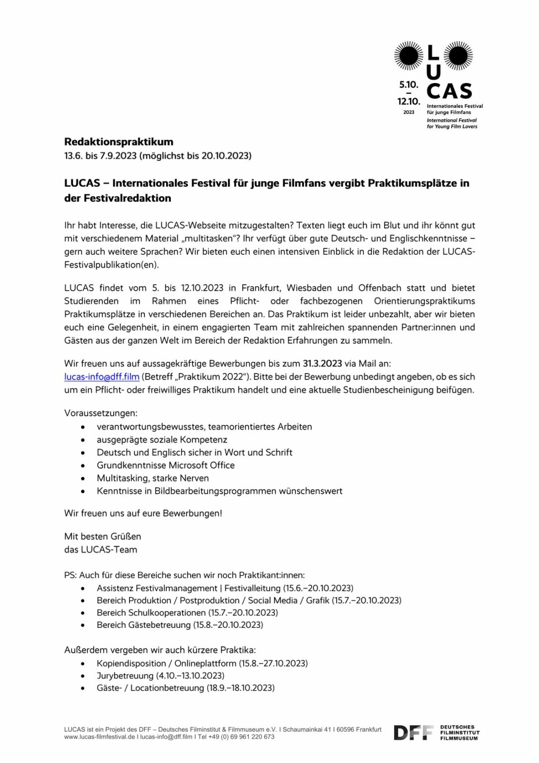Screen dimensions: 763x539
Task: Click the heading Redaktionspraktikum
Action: pyautogui.click(x=119, y=142)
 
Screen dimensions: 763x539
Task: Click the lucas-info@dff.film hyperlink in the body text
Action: pyautogui.click(x=102, y=377)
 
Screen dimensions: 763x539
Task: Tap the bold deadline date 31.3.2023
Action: pyautogui.click(x=322, y=363)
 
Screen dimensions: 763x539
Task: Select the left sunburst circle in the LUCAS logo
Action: pyautogui.click(x=408, y=56)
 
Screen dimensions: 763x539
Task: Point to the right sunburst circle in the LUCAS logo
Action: pyautogui.click(x=458, y=56)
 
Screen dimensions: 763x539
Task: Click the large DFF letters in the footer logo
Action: pyautogui.click(x=413, y=733)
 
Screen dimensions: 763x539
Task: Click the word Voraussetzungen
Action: pyautogui.click(x=101, y=413)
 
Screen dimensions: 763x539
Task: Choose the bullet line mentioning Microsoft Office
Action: pyautogui.click(x=165, y=465)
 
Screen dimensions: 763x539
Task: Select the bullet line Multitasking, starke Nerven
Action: pyautogui.click(x=152, y=478)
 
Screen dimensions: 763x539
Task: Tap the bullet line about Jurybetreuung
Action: pyautogui.click(x=160, y=676)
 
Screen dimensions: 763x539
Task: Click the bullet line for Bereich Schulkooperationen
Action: pyautogui.click(x=187, y=612)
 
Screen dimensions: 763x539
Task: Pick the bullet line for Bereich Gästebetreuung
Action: pyautogui.click(x=180, y=625)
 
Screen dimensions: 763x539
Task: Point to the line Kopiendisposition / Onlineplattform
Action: pyautogui.click(x=202, y=663)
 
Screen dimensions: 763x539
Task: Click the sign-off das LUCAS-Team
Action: pyautogui.click(x=101, y=549)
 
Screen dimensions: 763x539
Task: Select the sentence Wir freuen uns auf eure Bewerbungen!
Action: pyautogui.click(x=143, y=513)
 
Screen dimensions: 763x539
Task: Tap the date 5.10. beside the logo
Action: pyautogui.click(x=408, y=84)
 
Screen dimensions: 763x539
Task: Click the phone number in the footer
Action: pyautogui.click(x=247, y=737)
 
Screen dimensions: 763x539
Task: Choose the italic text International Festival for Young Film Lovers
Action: pyautogui.click(x=452, y=123)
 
